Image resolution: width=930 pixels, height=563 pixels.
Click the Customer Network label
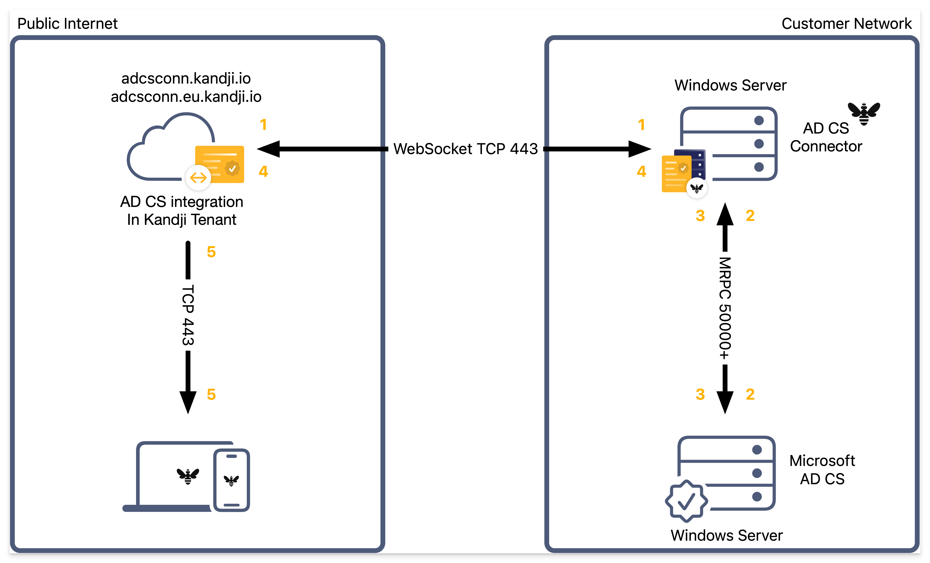point(846,23)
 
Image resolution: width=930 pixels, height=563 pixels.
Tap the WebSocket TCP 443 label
point(465,149)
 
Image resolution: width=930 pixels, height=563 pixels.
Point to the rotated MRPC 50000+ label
point(725,308)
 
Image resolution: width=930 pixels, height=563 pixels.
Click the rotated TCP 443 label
point(188,315)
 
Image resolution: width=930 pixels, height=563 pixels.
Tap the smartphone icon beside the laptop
point(231,480)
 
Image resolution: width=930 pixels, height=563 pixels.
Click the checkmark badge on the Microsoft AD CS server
point(686,501)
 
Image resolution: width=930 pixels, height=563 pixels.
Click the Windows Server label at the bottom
point(727,535)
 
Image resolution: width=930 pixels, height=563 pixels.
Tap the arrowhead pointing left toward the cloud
point(269,149)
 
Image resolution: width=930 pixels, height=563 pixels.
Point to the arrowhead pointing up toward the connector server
point(725,214)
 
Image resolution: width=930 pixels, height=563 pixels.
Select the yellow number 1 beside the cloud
point(263,125)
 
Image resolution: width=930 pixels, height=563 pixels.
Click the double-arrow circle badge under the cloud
point(198,177)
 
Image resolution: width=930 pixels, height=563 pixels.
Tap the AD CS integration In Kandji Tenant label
point(182,211)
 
